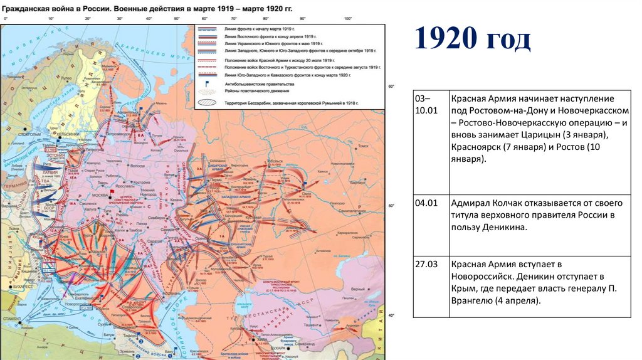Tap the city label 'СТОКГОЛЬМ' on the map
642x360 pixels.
[29, 134]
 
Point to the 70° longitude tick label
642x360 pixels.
[233, 19]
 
